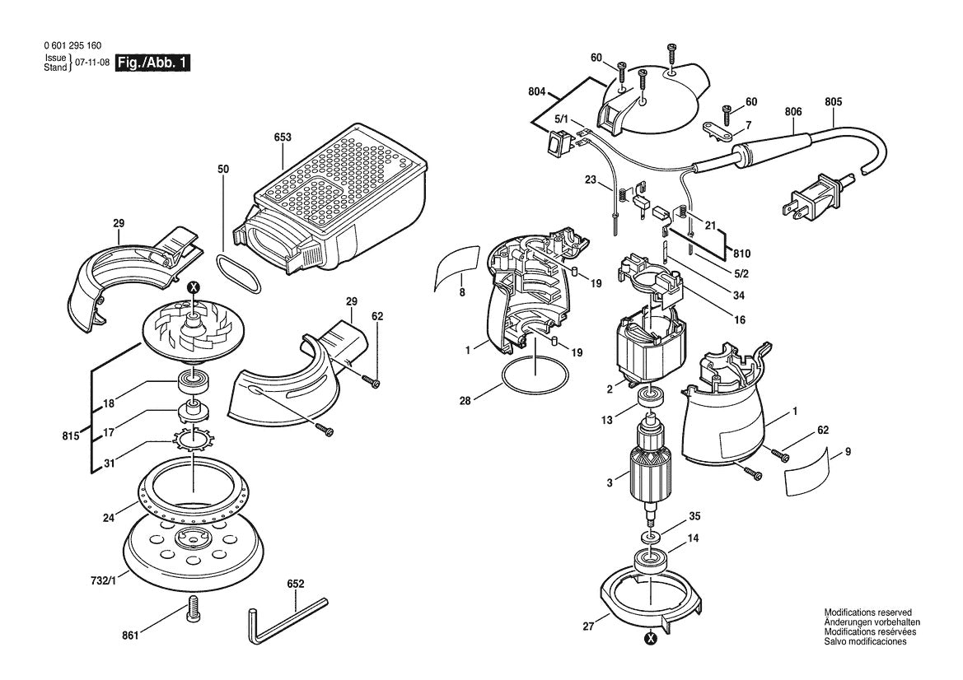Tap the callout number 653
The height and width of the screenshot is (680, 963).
[x=283, y=137]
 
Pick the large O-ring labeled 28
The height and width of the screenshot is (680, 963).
[x=535, y=378]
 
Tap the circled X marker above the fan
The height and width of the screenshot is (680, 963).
[x=194, y=287]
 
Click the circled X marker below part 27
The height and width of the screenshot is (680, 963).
[x=651, y=636]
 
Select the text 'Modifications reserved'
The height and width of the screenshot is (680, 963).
[x=867, y=612]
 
